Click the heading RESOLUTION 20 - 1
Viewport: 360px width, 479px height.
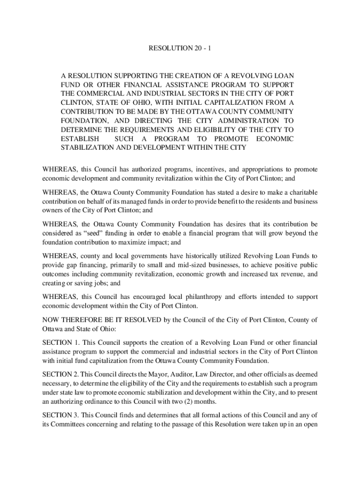[180, 49]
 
